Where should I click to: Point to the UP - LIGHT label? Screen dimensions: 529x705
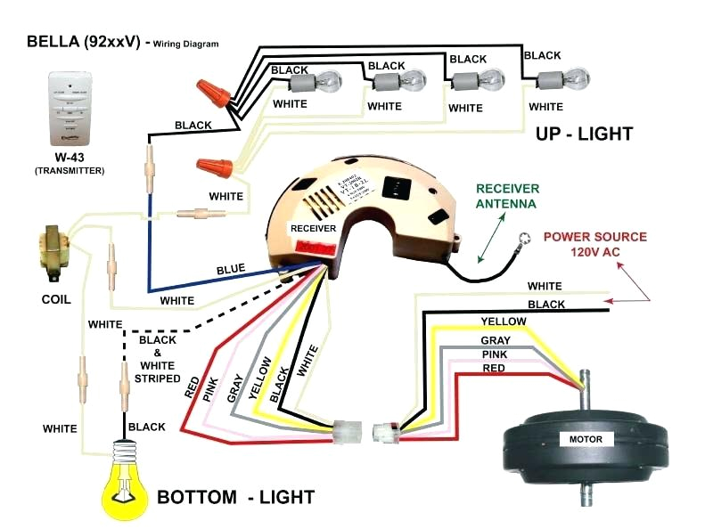584,134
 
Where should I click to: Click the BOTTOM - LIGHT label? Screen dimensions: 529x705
234,496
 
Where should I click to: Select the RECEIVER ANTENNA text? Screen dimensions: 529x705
506,196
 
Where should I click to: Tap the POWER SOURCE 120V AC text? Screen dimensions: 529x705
595,244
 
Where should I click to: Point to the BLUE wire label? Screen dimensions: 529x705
230,269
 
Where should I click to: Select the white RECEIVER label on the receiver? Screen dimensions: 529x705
312,228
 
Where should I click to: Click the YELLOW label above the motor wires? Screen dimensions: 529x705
503,321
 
